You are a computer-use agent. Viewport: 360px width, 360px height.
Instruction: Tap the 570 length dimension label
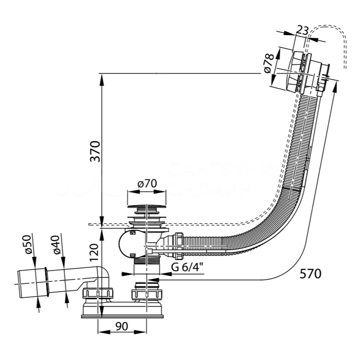(x=310, y=274)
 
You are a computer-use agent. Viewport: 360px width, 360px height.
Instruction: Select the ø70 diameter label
(x=147, y=184)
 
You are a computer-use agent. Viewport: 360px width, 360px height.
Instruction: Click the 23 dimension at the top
(x=302, y=30)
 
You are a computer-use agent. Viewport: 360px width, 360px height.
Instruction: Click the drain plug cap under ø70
(x=147, y=208)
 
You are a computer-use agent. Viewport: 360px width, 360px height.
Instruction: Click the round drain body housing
(x=131, y=244)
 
